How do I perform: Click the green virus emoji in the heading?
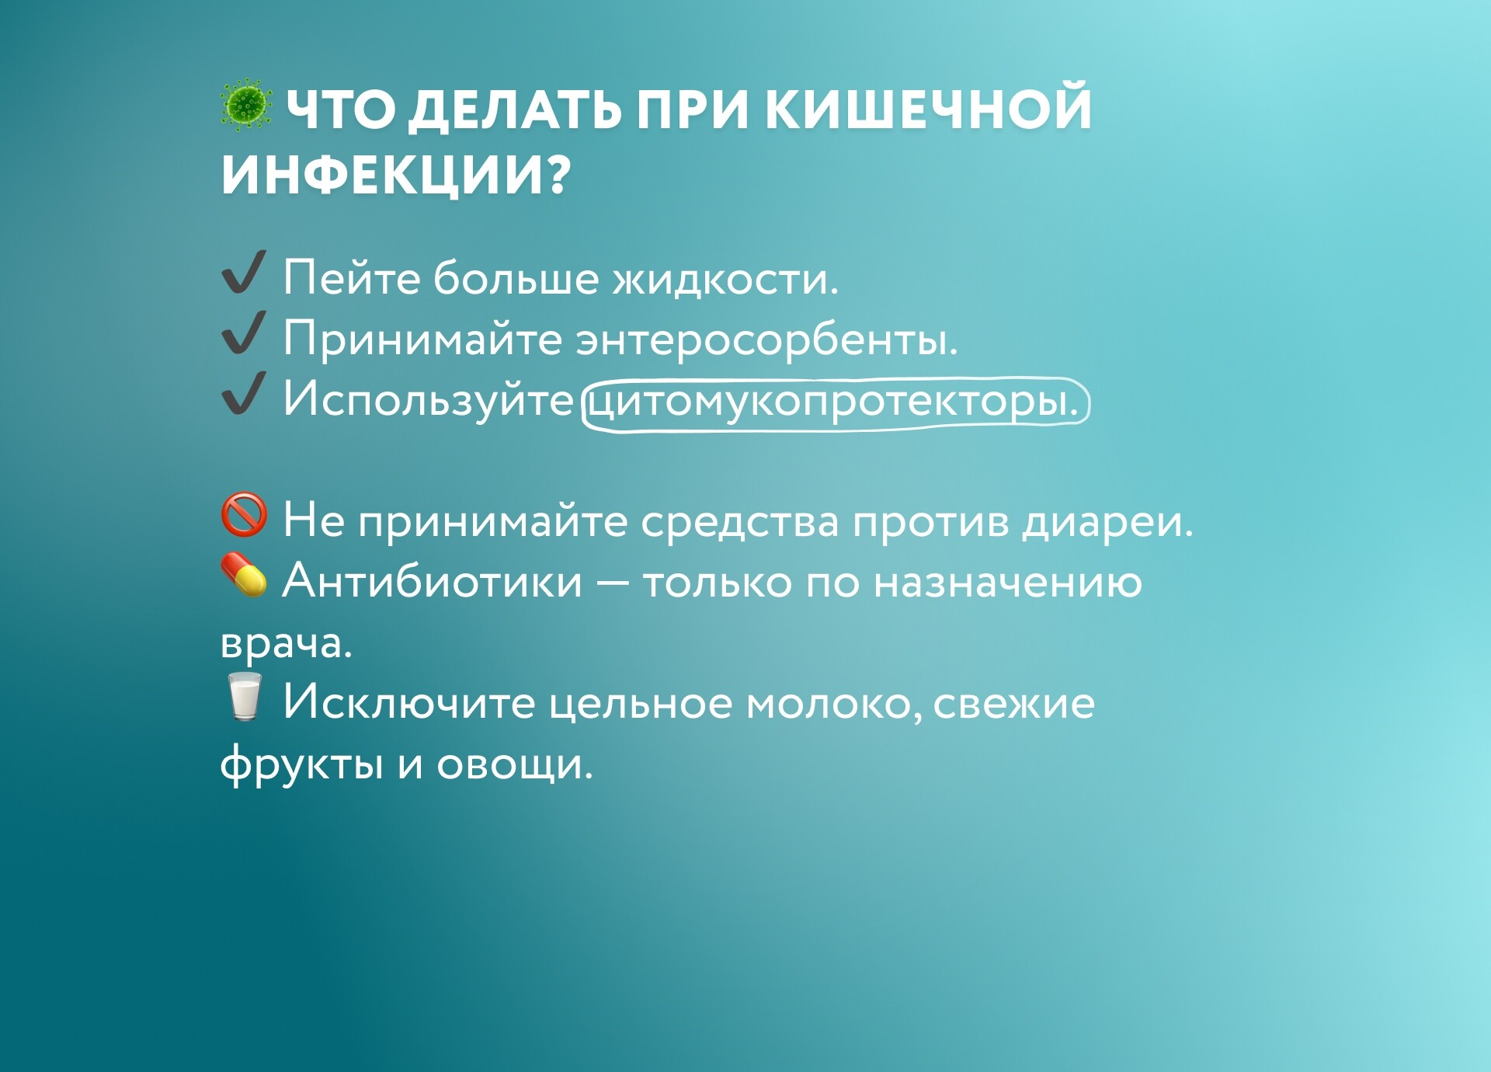[245, 105]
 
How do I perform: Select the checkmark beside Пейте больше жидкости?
[244, 272]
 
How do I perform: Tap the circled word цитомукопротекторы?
[835, 403]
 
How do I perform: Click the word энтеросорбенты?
[766, 340]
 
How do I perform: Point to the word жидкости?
[726, 279]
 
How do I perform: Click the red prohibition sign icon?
[244, 514]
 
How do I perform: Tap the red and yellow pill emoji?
[244, 575]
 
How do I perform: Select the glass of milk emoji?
[244, 697]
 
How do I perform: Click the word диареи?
[1107, 522]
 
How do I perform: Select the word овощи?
[515, 765]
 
